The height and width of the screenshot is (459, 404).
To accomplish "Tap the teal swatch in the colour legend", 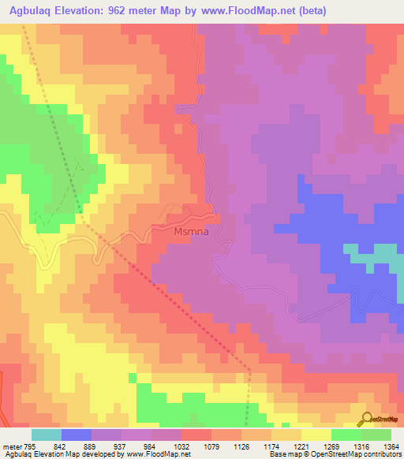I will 46,435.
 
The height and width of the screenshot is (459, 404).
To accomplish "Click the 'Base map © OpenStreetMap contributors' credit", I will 335,455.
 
